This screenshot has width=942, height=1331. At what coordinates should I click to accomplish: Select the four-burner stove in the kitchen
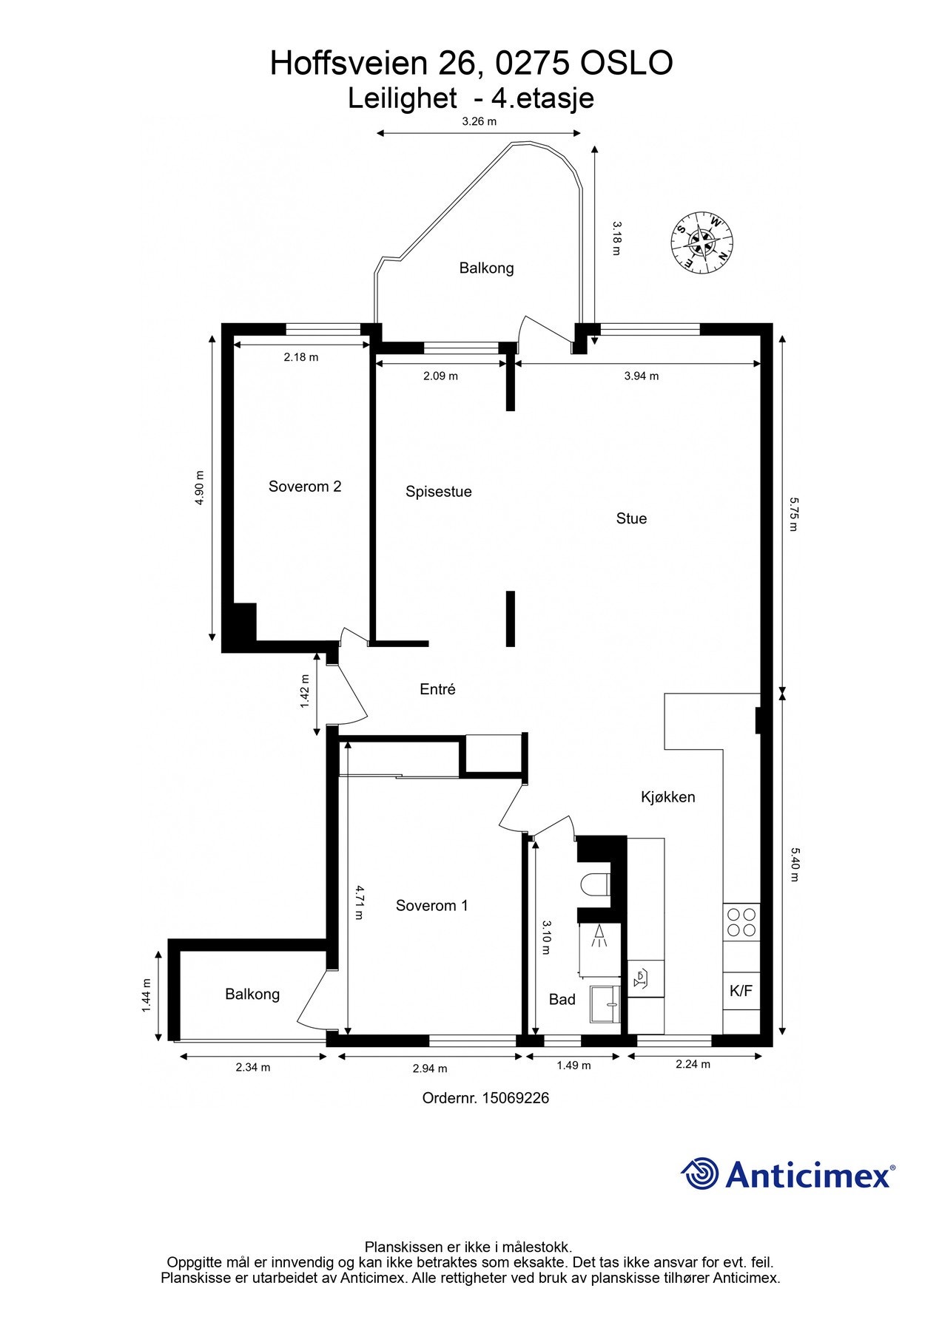point(741,921)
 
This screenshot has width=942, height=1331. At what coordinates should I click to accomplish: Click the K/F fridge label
point(741,991)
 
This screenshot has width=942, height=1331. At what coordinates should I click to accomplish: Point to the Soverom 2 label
point(304,487)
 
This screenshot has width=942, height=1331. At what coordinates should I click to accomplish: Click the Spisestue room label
point(438,492)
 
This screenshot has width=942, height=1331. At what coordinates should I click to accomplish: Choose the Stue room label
point(631,519)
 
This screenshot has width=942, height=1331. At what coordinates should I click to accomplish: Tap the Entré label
point(437,689)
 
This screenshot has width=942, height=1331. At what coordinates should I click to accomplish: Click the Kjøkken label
point(667,797)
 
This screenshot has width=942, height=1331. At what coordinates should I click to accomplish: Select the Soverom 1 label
point(431,906)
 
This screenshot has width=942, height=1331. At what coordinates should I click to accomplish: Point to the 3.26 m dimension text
point(479,121)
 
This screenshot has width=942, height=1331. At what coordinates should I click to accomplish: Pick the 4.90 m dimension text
point(198,488)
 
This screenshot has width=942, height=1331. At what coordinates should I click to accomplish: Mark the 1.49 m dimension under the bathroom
point(573,1066)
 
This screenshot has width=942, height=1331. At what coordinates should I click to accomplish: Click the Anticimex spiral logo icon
point(700,1173)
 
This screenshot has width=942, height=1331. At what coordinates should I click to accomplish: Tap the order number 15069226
point(515,1098)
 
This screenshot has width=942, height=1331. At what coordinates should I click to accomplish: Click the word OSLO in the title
point(625,64)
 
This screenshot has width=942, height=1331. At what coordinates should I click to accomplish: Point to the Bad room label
point(562,1000)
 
